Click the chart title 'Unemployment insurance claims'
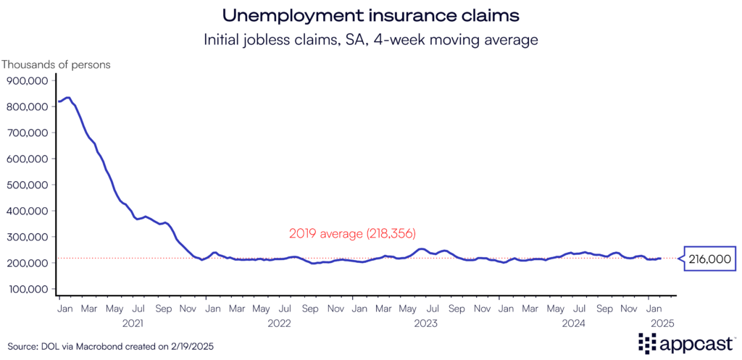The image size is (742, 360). tap(370, 15)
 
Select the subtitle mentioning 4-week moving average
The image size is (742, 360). tap(370, 40)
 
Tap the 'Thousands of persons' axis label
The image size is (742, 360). tap(56, 64)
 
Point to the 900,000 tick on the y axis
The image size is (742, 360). tap(27, 80)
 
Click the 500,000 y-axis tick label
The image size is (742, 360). tap(27, 185)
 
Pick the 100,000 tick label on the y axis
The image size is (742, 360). tap(27, 289)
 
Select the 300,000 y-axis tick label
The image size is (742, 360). tap(27, 237)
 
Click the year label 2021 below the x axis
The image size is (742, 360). tap(132, 323)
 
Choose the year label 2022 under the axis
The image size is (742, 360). tap(278, 323)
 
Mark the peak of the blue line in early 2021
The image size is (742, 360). tap(68, 97)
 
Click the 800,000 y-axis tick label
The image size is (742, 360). tap(27, 106)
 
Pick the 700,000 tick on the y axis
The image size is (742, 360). tap(27, 133)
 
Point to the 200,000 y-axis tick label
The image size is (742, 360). tap(27, 263)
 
